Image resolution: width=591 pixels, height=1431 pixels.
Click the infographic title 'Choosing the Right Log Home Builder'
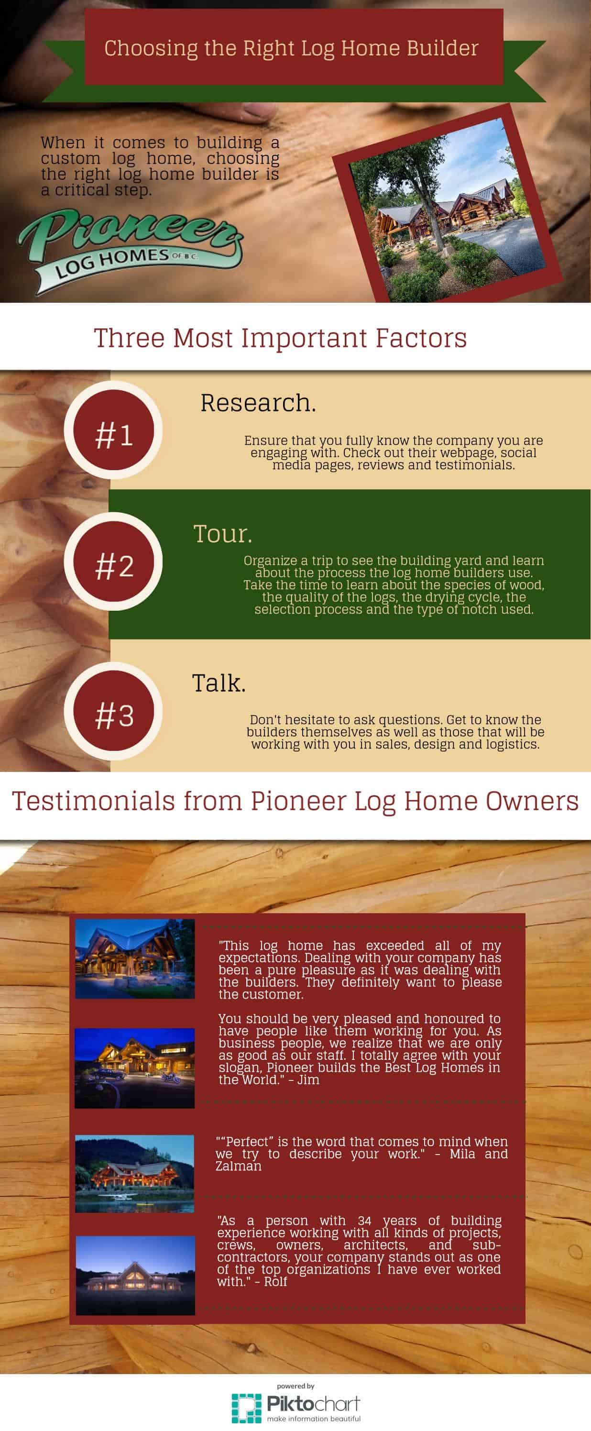[x=291, y=48]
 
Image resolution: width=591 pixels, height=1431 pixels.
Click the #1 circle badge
[x=113, y=429]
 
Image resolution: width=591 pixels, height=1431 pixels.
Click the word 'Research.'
[x=258, y=403]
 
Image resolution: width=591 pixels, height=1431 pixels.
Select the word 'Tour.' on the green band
[x=223, y=534]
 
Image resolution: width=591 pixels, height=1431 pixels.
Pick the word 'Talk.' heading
[x=219, y=683]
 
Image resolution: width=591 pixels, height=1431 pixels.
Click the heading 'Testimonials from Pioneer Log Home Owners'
[x=295, y=801]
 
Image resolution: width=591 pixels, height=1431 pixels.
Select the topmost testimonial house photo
[x=135, y=959]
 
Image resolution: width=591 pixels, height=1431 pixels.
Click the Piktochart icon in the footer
[x=246, y=1408]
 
